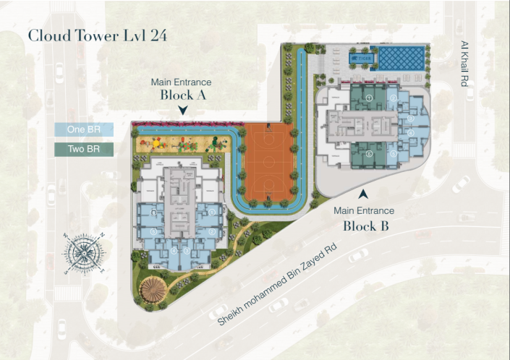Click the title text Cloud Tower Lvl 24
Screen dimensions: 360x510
click(98, 37)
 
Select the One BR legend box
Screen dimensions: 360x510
click(85, 130)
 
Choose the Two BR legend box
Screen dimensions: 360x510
click(85, 150)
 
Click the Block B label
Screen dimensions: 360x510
click(367, 225)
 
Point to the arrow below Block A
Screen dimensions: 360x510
click(183, 111)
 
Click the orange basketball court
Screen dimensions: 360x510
click(268, 162)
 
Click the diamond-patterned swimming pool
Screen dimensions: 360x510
click(403, 57)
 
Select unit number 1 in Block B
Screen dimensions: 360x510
click(369, 98)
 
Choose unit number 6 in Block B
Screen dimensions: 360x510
click(369, 153)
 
